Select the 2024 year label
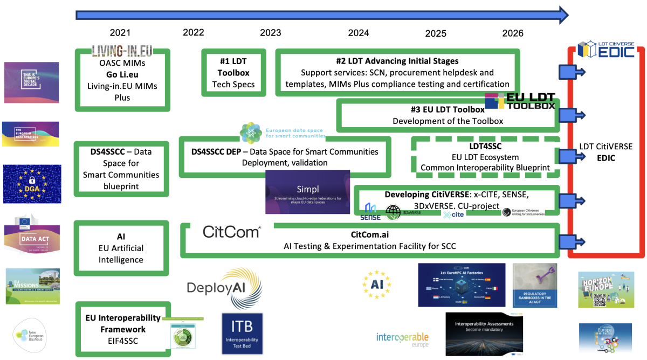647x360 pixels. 359,33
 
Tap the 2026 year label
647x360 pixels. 513,33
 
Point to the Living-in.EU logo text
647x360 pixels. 122,51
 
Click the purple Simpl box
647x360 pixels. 307,192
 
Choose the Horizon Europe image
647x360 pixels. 605,289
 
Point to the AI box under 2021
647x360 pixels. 121,248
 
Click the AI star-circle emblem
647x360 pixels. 377,283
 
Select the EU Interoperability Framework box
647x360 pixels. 122,329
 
